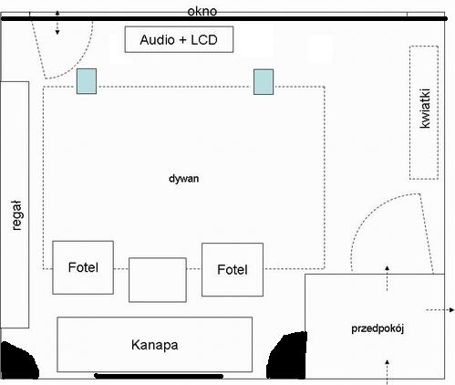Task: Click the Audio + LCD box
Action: coord(179,39)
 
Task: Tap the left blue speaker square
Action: coord(87,81)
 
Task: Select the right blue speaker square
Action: coord(264,82)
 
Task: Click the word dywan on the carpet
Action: coord(183,179)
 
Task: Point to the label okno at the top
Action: coord(202,11)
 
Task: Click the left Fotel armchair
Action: coord(83,267)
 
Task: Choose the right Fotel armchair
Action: coord(233,270)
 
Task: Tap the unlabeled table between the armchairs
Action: coord(158,280)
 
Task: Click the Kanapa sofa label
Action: coord(155,345)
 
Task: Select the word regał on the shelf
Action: coord(16,215)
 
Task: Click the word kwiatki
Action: coord(425,109)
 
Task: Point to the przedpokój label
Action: coord(377,329)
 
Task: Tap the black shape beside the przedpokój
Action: coord(287,356)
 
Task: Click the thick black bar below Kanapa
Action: coord(159,376)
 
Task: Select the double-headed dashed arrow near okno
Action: coord(57,23)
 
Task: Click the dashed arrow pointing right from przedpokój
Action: coord(439,310)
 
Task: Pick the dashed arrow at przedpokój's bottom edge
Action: coord(388,372)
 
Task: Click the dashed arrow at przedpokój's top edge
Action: coord(388,278)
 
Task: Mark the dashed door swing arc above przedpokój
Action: coord(365,218)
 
